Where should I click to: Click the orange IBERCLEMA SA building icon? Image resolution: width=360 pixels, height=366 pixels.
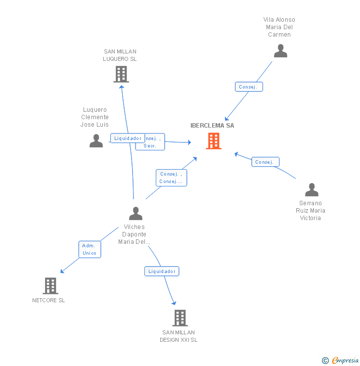coord(214,141)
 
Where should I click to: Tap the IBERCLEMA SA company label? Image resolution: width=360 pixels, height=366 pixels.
coord(212,126)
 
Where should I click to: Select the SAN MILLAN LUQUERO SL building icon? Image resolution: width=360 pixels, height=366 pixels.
coord(121,74)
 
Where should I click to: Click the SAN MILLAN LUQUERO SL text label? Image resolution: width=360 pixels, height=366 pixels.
coord(120,55)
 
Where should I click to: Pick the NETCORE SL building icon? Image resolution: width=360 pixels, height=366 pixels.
coord(50,285)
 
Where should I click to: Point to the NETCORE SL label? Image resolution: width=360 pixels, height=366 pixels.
coord(48,300)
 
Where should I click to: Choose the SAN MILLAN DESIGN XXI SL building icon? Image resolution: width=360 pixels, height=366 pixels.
coord(180,318)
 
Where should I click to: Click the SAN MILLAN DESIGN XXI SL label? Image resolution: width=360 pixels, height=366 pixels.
coord(179,336)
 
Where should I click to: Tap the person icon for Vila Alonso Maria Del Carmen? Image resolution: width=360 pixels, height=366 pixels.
coord(280,51)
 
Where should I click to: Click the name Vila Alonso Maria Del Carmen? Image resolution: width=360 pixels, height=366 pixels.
coord(279,27)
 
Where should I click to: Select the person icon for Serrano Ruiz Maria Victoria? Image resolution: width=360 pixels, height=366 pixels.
coord(312,190)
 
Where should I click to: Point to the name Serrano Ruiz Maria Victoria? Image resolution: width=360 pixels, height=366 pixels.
coord(311,211)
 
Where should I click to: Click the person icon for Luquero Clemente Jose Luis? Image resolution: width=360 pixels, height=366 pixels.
coord(96,141)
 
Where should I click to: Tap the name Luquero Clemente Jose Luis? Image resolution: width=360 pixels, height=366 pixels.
coord(95,117)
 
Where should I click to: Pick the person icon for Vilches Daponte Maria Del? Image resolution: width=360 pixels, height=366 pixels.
coord(135,214)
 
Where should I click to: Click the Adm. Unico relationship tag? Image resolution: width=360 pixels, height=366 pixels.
coord(90,249)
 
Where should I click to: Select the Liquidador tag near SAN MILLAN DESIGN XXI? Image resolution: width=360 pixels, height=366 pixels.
coord(162,271)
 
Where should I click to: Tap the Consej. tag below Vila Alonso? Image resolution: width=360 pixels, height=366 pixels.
coord(248,87)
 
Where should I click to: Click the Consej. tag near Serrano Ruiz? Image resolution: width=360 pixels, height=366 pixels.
coord(266,162)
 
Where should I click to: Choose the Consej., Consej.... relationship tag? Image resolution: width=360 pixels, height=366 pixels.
coord(172,178)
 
